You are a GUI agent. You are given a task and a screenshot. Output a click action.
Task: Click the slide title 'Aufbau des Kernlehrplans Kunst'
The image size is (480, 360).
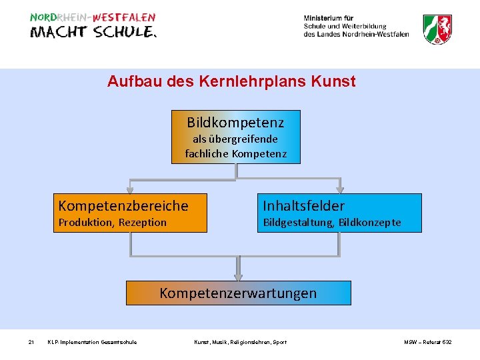231,82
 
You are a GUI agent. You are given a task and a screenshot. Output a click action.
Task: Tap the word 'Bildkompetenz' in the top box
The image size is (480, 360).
235,123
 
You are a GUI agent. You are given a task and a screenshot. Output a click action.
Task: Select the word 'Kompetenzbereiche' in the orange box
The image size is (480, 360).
123,205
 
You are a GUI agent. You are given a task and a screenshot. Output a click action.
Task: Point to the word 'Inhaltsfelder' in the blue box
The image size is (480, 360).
303,205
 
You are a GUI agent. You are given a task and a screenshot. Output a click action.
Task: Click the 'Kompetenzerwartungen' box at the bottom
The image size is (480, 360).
238,293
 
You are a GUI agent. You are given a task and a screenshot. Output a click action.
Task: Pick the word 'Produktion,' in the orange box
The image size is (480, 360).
87,223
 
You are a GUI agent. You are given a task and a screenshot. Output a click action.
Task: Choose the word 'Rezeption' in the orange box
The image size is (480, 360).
143,223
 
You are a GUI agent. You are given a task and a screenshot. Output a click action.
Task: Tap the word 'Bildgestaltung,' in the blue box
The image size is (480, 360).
298,223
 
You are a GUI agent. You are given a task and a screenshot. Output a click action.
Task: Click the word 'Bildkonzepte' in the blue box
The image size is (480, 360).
370,223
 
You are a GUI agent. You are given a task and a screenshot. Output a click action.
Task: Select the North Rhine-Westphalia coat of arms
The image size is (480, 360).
438,29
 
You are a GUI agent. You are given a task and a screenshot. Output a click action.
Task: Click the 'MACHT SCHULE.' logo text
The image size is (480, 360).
93,32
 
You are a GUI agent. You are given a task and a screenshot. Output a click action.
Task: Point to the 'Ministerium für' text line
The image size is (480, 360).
329,18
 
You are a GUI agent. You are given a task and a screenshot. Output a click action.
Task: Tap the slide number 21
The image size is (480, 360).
31,342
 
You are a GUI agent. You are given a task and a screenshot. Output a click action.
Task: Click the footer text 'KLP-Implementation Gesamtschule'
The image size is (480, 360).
92,342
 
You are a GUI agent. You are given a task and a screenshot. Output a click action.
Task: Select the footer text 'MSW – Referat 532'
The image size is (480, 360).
427,342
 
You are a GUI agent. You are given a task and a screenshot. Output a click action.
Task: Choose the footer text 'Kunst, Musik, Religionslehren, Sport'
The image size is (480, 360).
240,342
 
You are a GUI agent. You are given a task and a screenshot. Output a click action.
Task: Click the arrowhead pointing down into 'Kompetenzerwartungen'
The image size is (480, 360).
238,276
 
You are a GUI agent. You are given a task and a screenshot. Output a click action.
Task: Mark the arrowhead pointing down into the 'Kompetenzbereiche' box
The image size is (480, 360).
131,189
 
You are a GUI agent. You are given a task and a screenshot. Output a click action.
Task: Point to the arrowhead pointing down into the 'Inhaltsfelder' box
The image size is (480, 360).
339,189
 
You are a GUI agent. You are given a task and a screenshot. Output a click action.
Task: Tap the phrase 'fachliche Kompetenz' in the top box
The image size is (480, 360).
235,153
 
